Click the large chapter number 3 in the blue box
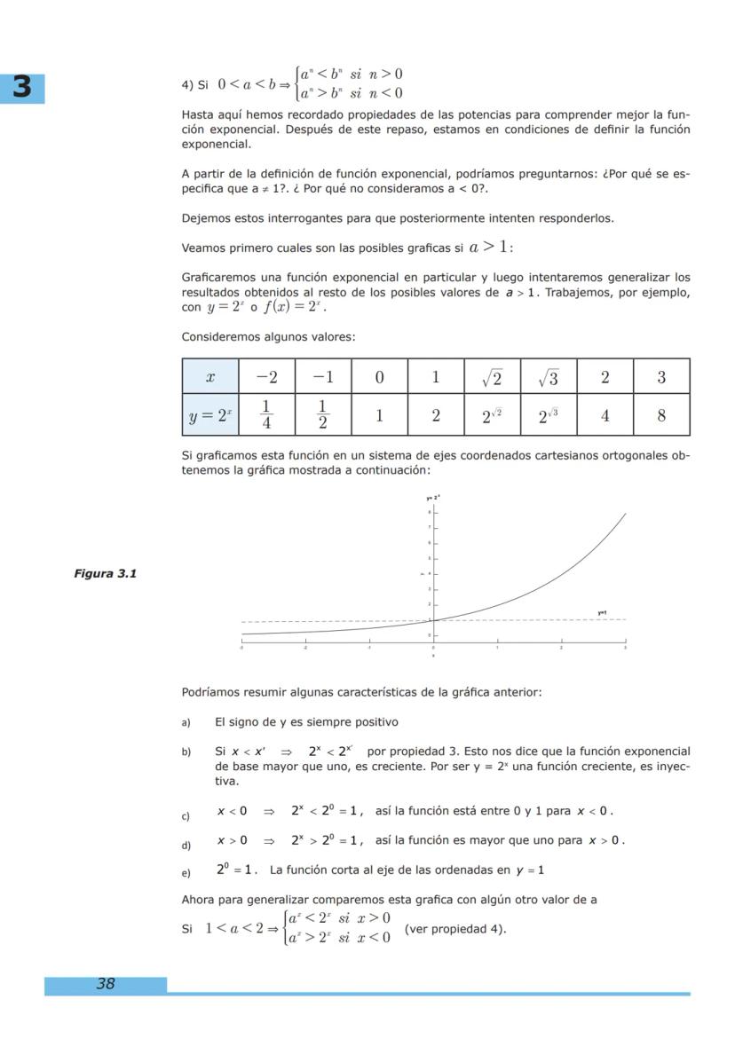pyautogui.click(x=23, y=87)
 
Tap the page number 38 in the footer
pyautogui.click(x=106, y=983)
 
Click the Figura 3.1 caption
pyautogui.click(x=105, y=573)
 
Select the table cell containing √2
pyautogui.click(x=492, y=377)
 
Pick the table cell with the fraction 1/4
pyautogui.click(x=266, y=414)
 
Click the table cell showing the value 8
pyautogui.click(x=661, y=414)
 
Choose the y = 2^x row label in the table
pyautogui.click(x=210, y=414)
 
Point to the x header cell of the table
pyautogui.click(x=210, y=377)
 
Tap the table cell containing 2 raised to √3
pyautogui.click(x=548, y=414)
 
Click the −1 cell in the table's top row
pyautogui.click(x=322, y=377)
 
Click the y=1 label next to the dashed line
pyautogui.click(x=602, y=613)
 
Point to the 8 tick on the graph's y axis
pyautogui.click(x=430, y=512)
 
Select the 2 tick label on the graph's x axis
pyautogui.click(x=561, y=647)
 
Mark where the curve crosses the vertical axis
pyautogui.click(x=433, y=619)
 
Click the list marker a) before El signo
pyautogui.click(x=186, y=722)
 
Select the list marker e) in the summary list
pyautogui.click(x=186, y=871)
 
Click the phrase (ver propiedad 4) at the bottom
pyautogui.click(x=454, y=929)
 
